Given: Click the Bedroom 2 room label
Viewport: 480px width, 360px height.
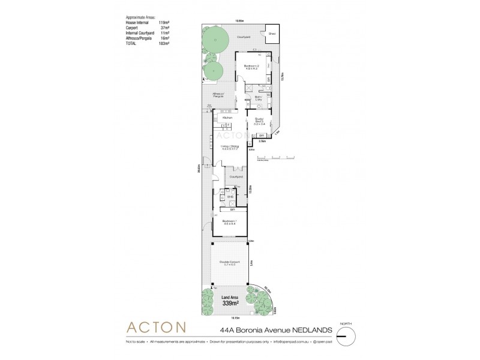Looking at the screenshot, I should (x=250, y=66).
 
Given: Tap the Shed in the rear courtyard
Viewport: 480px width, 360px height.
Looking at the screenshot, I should (x=272, y=34).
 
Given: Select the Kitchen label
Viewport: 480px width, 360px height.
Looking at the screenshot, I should (x=227, y=118).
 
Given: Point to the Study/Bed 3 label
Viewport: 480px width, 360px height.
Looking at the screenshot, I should (x=260, y=121).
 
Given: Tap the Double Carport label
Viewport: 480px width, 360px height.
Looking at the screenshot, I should (x=229, y=263).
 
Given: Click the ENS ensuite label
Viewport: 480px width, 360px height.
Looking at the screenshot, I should (x=229, y=196).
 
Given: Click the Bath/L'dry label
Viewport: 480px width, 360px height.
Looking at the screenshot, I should (x=259, y=98).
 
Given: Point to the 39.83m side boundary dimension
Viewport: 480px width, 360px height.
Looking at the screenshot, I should (x=199, y=171).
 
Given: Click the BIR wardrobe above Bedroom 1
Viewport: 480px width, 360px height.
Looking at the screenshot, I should (x=232, y=210).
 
